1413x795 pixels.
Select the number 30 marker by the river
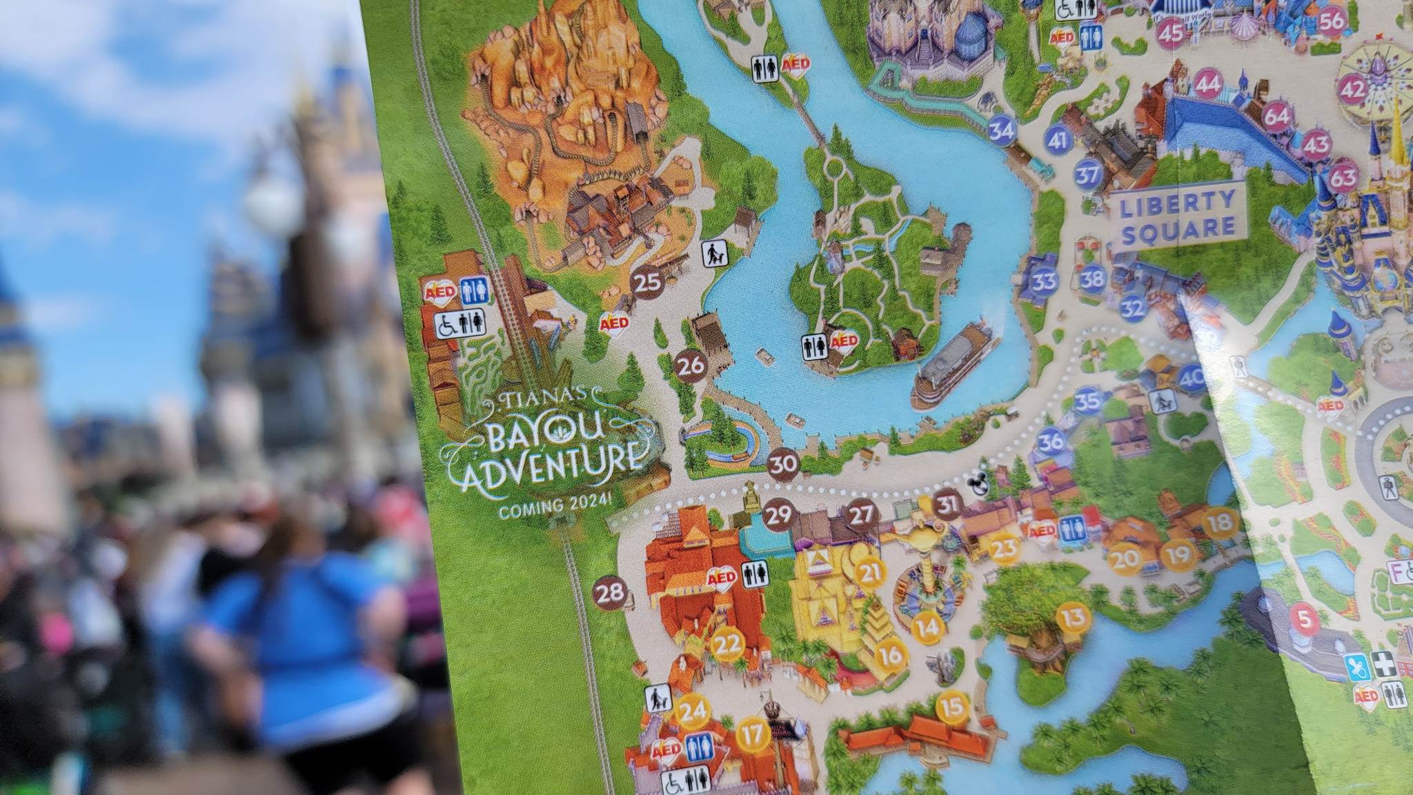coord(783,464)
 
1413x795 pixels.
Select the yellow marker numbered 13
coord(1073,617)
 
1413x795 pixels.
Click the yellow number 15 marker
coord(952,707)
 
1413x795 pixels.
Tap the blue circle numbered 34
coord(1002,130)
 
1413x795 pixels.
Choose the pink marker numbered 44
coord(1208,85)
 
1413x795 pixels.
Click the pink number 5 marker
coord(1304,620)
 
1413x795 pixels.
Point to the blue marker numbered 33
coord(1044,281)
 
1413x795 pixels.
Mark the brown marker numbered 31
coord(947,505)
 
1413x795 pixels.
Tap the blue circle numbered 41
coord(1057,141)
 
